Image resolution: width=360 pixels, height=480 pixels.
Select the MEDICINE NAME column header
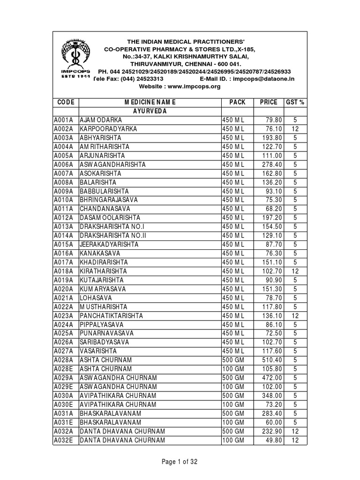[150, 102]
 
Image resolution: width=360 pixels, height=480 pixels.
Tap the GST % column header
[295, 102]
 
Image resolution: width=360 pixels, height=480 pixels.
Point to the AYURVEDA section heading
[150, 111]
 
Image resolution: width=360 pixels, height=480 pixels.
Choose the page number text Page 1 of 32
[180, 462]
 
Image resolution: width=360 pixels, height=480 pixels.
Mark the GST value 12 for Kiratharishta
[295, 271]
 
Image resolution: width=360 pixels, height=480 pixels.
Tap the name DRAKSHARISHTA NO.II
[113, 235]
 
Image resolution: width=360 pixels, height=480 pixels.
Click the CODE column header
[65, 102]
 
